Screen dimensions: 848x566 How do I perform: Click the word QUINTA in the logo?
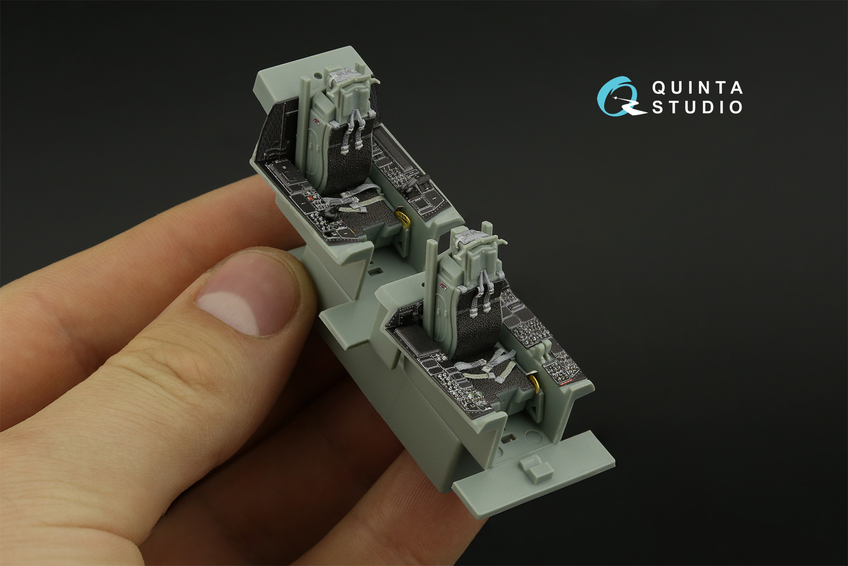coord(697,88)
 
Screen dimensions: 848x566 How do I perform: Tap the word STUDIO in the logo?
coord(697,107)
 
